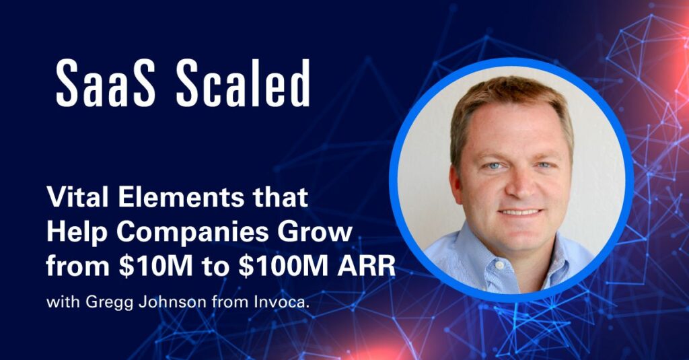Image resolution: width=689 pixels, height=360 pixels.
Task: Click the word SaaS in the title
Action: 106,83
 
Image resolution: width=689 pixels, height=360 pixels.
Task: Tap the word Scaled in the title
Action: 243,83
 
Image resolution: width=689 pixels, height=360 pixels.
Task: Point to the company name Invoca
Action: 279,302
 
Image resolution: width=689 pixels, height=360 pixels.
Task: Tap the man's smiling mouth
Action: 521,213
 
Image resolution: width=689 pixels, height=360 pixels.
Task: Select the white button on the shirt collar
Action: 499,266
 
